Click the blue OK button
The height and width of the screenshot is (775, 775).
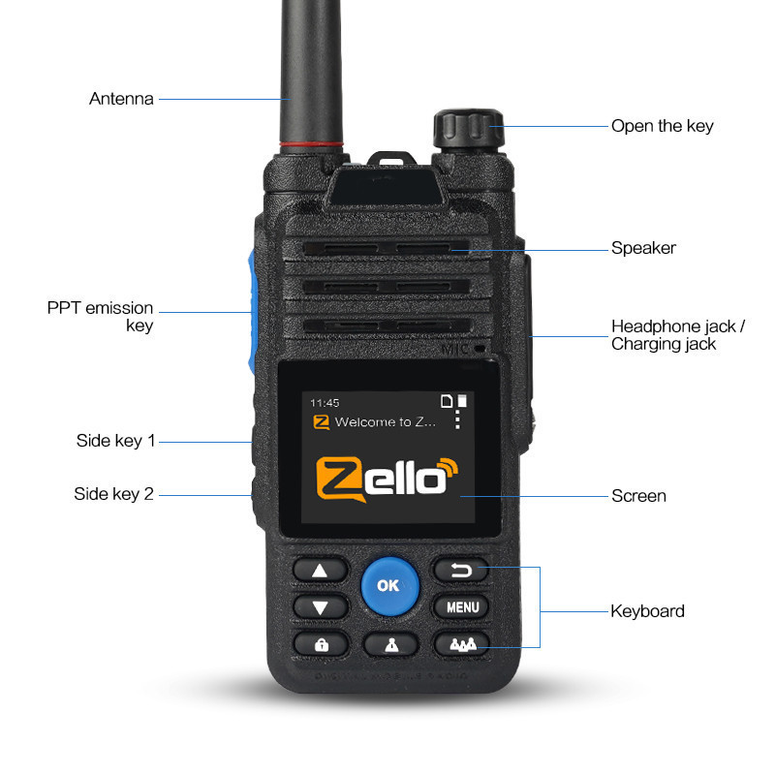389,585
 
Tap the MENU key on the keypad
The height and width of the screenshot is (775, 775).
462,608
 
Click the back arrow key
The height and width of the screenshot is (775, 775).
461,571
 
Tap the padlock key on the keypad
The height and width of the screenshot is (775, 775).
321,644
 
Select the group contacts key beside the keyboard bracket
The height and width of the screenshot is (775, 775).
461,644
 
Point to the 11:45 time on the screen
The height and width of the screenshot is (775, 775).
325,402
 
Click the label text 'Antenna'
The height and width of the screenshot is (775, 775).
121,99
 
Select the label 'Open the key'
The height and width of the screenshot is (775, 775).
662,126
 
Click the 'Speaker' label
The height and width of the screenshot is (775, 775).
643,248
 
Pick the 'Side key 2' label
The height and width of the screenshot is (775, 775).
113,494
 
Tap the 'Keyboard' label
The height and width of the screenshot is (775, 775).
647,611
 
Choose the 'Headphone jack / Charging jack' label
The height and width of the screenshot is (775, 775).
678,335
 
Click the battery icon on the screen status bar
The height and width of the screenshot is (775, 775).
462,400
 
